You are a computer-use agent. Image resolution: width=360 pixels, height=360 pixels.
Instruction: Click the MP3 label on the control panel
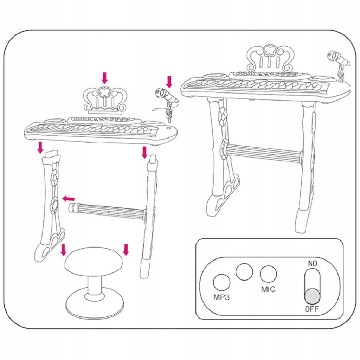pos(221,297)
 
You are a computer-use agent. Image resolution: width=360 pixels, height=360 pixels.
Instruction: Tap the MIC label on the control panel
pos(268,289)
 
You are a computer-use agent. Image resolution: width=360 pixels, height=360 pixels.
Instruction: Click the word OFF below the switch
pos(311,309)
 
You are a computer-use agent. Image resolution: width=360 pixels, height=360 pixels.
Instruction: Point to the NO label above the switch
pos(312,264)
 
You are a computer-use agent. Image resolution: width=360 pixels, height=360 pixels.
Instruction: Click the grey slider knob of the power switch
pos(312,296)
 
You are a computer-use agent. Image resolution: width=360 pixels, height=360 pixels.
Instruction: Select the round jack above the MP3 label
pos(221,282)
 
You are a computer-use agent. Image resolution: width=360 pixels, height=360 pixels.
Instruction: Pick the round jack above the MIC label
pos(268,274)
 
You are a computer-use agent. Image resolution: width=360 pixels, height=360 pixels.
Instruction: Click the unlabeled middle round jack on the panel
pos(244,272)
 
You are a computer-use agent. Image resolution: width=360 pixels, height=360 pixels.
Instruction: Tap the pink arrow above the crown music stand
pos(105,78)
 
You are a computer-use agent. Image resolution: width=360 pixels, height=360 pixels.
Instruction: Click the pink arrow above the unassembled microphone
pos(169,82)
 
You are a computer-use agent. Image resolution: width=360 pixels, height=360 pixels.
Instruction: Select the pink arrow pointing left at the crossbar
pos(69,198)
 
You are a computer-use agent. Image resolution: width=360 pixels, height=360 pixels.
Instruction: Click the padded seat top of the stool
pos(94,261)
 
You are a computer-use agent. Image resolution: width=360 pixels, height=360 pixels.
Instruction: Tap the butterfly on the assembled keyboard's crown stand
pos(270,50)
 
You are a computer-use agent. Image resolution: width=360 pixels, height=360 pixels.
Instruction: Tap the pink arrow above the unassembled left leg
pos(40,148)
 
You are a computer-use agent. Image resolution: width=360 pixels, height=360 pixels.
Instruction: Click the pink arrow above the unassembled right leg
pos(144,153)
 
